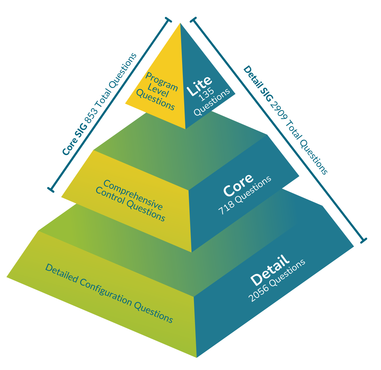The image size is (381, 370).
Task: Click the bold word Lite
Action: (199, 85)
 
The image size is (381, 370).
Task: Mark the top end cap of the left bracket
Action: (168, 20)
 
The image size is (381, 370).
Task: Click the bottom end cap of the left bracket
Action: (51, 190)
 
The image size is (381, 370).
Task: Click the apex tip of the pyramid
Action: (180, 24)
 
